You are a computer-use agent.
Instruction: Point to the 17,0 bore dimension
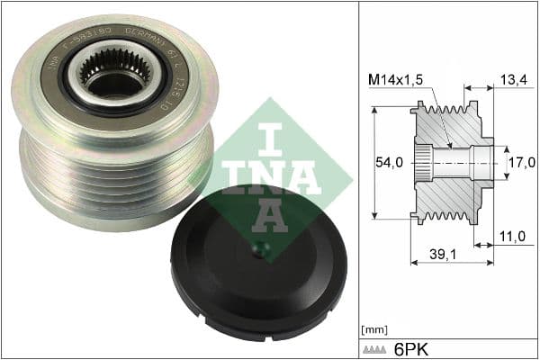click(x=520, y=163)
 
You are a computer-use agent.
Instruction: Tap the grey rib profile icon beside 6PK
click(x=378, y=347)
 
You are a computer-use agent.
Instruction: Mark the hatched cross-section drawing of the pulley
click(x=450, y=164)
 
